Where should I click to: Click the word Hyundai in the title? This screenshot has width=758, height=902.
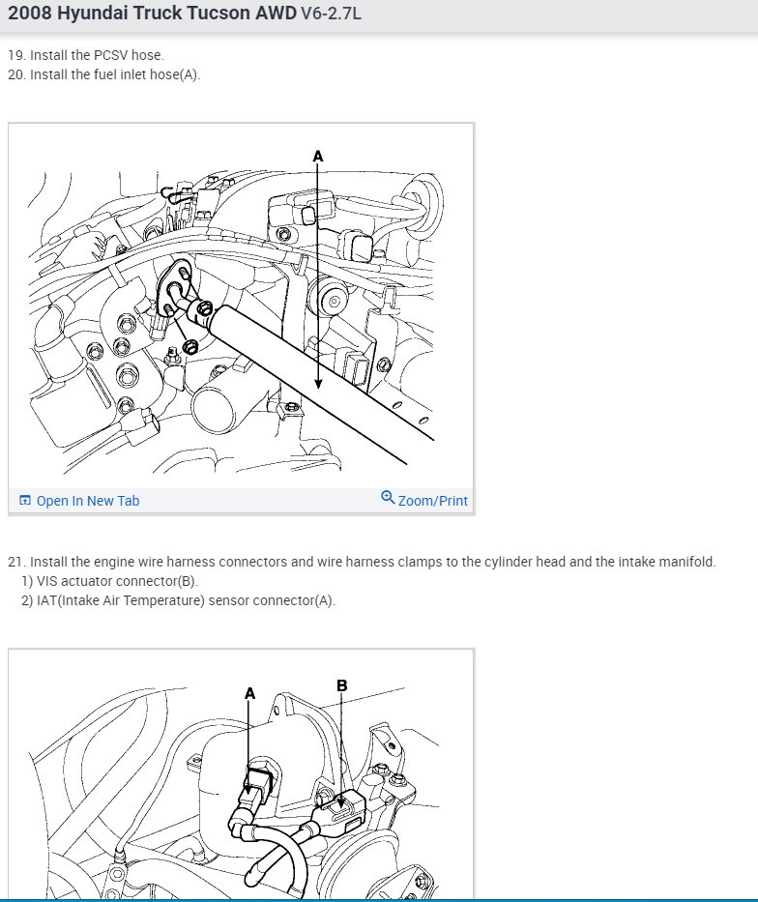click(92, 13)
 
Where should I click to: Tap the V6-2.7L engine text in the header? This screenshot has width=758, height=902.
click(332, 13)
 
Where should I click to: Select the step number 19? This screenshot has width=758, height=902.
click(16, 55)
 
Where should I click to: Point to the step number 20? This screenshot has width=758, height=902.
click(16, 74)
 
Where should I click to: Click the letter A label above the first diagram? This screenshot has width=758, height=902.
click(318, 156)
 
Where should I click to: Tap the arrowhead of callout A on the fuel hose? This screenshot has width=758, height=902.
click(318, 384)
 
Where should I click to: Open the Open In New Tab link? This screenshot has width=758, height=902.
click(88, 501)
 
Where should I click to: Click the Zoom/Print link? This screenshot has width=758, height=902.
click(433, 501)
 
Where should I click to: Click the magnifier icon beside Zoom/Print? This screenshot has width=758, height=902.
click(389, 497)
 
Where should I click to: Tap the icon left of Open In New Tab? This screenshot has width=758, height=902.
click(25, 500)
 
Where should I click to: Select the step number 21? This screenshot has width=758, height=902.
click(16, 562)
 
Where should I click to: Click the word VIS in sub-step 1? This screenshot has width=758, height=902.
click(47, 581)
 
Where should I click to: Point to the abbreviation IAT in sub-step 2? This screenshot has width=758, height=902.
click(46, 600)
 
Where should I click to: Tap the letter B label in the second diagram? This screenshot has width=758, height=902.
click(342, 685)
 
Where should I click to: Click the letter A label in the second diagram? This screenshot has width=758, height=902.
click(249, 694)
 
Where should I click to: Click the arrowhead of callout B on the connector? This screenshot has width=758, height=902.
click(341, 802)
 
